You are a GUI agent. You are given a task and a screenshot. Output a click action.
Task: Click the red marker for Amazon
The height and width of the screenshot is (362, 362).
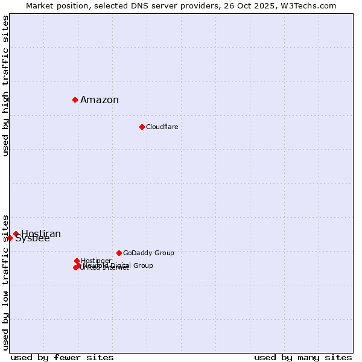(x=75, y=100)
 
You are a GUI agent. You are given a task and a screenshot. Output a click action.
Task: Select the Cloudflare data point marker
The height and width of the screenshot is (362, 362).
(x=142, y=127)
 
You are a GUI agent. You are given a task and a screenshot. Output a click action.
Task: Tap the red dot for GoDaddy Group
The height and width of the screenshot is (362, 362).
(x=119, y=253)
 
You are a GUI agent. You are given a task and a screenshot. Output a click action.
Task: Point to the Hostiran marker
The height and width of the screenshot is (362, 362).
(x=16, y=234)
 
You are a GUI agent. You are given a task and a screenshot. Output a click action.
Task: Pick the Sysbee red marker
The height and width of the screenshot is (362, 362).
(x=10, y=238)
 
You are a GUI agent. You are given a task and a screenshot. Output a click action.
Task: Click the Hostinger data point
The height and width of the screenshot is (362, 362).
(x=77, y=261)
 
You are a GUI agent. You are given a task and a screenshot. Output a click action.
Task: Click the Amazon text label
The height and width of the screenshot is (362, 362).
(x=100, y=100)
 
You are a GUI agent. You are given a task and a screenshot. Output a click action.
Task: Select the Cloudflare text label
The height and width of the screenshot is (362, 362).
(x=162, y=127)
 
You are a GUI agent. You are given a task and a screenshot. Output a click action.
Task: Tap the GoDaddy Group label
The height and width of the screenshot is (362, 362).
(x=148, y=253)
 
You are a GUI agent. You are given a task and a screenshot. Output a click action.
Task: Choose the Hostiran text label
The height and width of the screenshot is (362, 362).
(x=41, y=233)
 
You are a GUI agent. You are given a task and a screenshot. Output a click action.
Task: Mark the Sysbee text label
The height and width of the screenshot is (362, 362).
(x=33, y=239)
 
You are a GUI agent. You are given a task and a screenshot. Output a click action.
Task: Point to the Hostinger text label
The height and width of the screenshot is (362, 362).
(x=96, y=261)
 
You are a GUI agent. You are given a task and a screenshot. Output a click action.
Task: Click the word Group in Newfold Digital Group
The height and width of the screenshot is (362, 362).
(x=144, y=265)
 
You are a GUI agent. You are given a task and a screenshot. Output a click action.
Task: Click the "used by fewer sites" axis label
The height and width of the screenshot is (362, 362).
(x=62, y=357)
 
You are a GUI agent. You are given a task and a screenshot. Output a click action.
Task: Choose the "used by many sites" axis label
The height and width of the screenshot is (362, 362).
(x=303, y=357)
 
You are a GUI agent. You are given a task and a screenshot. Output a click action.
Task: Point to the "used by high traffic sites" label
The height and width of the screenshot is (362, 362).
(x=5, y=86)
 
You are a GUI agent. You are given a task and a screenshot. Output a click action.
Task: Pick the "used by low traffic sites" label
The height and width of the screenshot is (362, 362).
(x=5, y=282)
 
